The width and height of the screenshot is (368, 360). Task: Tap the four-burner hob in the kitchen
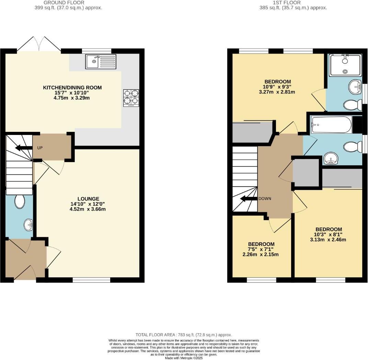(131, 98)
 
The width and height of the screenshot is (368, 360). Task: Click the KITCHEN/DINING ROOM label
(72, 88)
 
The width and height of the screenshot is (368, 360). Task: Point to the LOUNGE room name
(88, 199)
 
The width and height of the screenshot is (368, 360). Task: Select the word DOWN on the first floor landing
(265, 199)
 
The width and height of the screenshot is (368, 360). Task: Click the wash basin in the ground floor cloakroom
(28, 225)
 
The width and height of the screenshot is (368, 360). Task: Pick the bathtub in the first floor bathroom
(331, 125)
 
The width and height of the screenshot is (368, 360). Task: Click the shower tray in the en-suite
(345, 65)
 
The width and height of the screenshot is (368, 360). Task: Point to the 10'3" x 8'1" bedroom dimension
(329, 235)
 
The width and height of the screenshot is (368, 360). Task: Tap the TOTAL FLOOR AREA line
(184, 335)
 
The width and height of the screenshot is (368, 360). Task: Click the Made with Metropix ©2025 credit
(184, 358)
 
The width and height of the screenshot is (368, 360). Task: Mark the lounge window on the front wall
(91, 280)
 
